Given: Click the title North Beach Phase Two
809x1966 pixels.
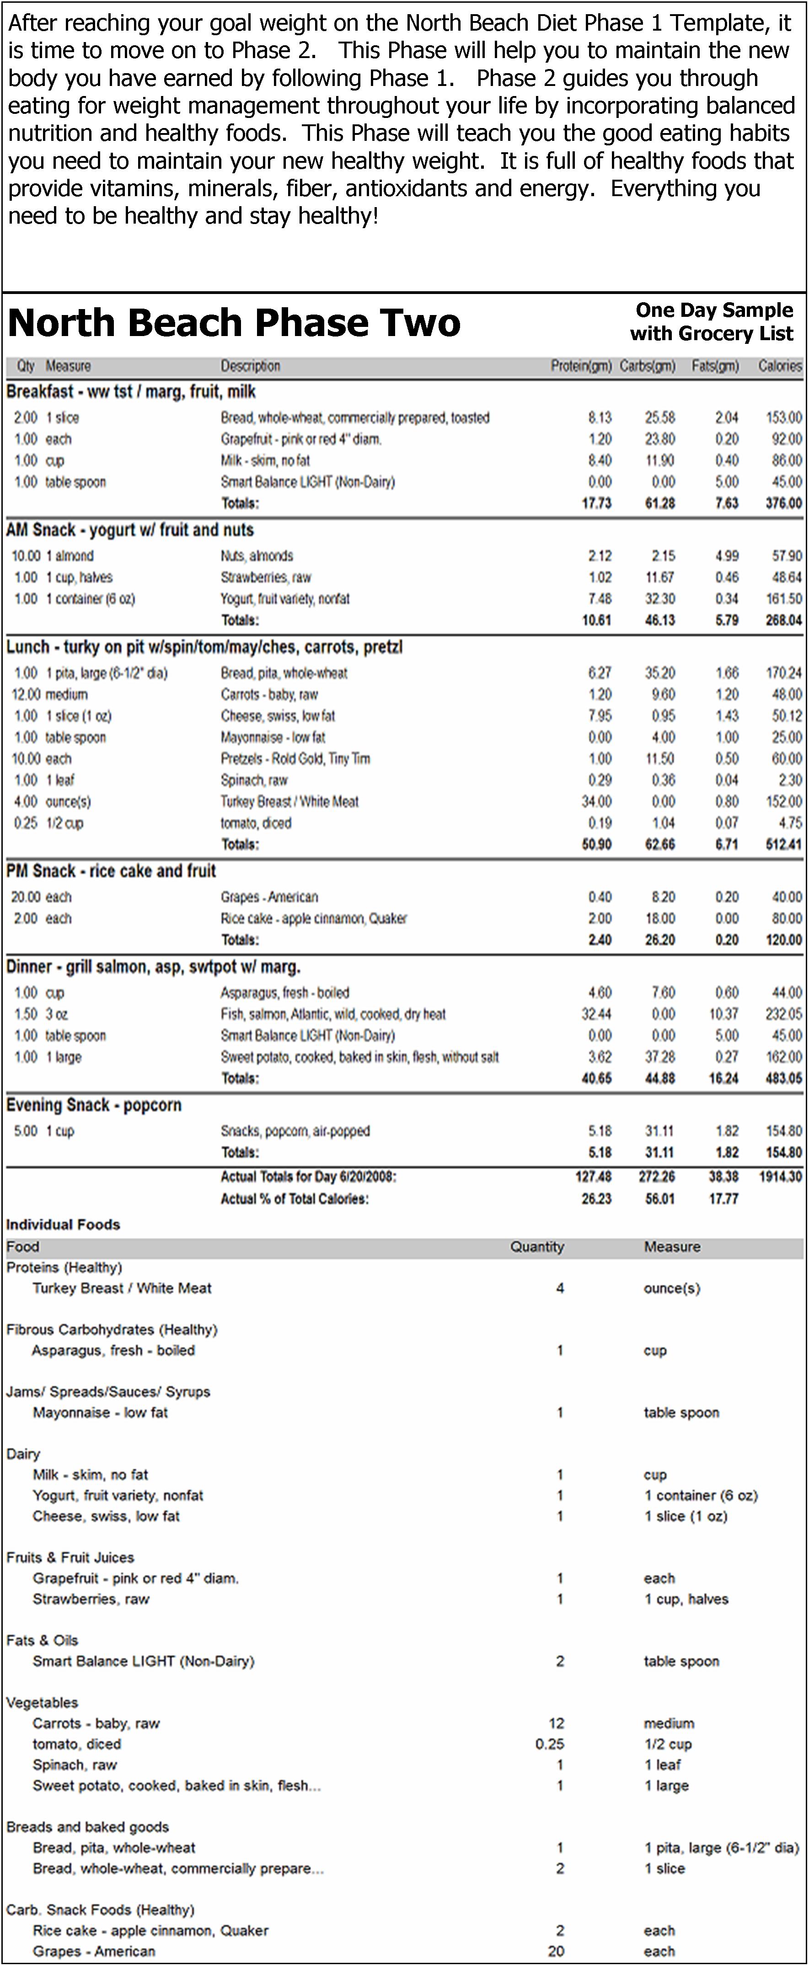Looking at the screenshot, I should pyautogui.click(x=234, y=323).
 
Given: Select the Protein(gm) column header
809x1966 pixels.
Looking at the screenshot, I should pyautogui.click(x=581, y=366).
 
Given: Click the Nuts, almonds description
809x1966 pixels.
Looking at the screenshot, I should pyautogui.click(x=257, y=556).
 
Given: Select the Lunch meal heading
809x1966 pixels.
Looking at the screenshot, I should pyautogui.click(x=204, y=647).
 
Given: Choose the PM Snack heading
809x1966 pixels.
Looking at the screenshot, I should pyautogui.click(x=111, y=871).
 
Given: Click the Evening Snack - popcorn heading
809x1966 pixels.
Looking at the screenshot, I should pyautogui.click(x=93, y=1105).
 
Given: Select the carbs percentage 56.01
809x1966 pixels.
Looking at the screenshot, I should pyautogui.click(x=659, y=1198).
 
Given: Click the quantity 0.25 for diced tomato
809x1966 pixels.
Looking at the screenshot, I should pyautogui.click(x=550, y=1744).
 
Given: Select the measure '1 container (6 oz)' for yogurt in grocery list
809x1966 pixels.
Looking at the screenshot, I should pyautogui.click(x=700, y=1495).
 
